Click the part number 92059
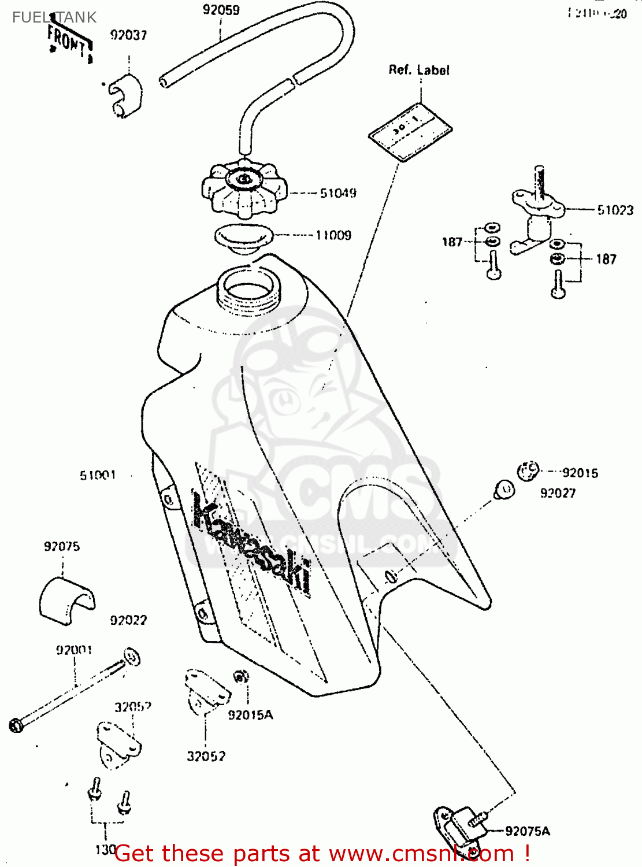221,10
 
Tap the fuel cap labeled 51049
244,188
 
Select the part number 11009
333,235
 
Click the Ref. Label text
418,70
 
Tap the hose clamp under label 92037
125,95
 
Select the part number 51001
98,475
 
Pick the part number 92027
558,493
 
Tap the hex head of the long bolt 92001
16,724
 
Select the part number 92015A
250,715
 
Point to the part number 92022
128,620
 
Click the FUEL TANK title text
54,17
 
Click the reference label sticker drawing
410,131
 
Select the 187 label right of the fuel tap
606,259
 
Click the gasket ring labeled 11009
243,237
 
